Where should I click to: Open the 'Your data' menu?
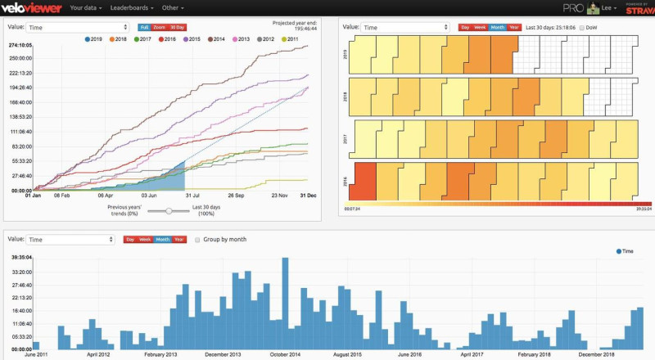[88, 7]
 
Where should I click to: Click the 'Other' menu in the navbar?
[173, 7]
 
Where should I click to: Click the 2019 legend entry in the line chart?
[92, 38]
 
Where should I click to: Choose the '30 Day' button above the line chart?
[178, 27]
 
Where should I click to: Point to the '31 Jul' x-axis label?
[194, 196]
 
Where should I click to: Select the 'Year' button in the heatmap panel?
[514, 27]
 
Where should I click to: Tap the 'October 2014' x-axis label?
[284, 354]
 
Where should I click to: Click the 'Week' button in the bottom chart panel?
[145, 240]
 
